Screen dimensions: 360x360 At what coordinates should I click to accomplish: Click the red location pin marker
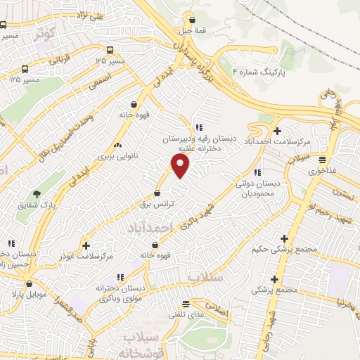(x=181, y=166)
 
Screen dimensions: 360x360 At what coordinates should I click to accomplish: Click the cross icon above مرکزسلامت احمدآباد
(x=277, y=131)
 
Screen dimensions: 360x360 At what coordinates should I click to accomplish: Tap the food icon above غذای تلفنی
(x=186, y=304)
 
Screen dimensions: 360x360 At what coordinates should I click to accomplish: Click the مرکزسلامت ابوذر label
(x=86, y=257)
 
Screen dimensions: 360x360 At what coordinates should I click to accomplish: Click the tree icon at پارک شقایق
(x=37, y=194)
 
